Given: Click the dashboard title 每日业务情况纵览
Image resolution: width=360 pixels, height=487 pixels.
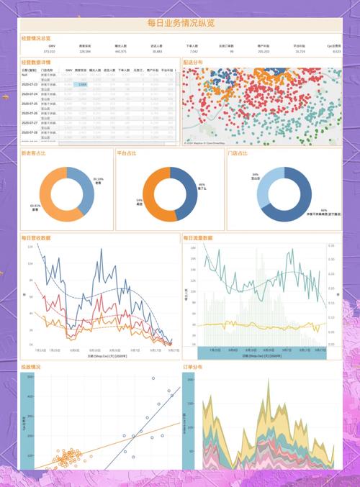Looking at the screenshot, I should (180, 23).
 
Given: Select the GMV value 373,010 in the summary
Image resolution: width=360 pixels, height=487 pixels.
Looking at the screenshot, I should (49, 52).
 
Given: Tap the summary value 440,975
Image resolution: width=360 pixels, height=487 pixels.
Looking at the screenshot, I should (120, 52).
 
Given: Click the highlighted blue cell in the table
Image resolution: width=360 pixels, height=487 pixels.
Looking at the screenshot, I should (83, 85).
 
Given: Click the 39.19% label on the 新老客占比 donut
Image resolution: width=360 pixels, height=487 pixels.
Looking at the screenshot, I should (98, 179).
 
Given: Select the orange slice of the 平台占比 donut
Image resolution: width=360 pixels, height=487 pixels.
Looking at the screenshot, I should (155, 196).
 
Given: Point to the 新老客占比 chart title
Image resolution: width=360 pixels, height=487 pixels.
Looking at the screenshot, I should (35, 153).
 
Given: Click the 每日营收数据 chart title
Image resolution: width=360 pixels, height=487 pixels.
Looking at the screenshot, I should (36, 237).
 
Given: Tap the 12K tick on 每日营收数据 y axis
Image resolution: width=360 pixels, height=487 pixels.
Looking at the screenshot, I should (30, 247).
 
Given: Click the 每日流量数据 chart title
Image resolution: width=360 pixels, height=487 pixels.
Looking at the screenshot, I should (198, 237).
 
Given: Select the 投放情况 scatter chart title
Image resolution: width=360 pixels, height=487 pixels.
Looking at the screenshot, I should (31, 367).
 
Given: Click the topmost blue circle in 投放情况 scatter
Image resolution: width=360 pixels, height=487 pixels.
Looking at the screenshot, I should (153, 378).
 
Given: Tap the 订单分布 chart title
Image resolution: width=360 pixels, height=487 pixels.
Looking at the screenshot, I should (194, 367).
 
